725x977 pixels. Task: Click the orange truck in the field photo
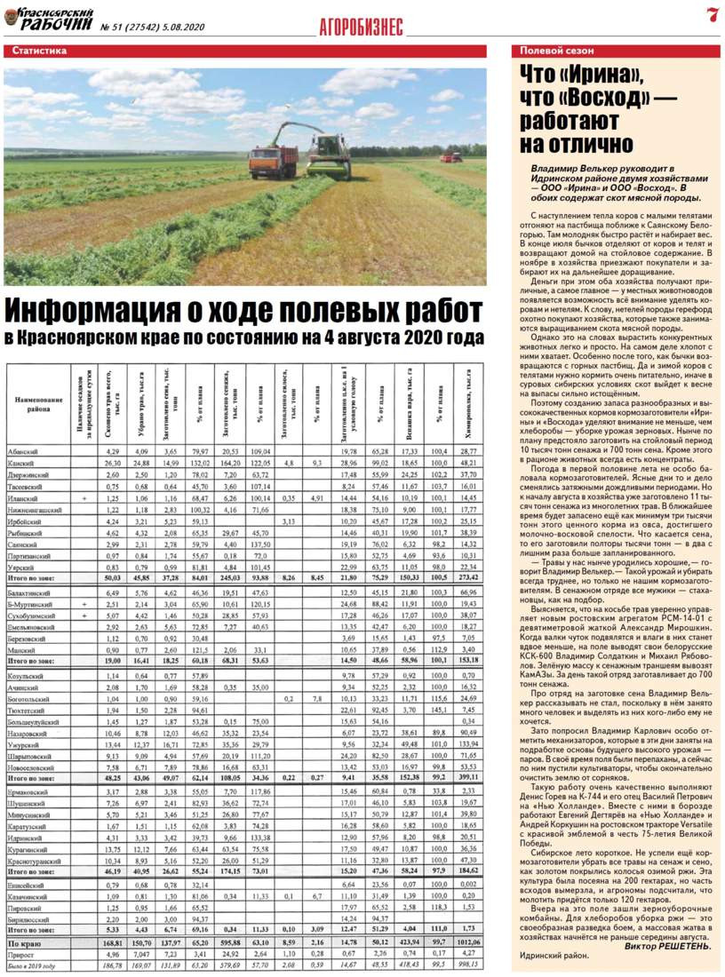274,159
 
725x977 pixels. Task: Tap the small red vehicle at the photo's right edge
451,157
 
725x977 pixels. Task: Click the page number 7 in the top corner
713,14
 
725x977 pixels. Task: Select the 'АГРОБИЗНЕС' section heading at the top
362,28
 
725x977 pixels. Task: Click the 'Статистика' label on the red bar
40,52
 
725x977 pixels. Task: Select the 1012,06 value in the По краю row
470,934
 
